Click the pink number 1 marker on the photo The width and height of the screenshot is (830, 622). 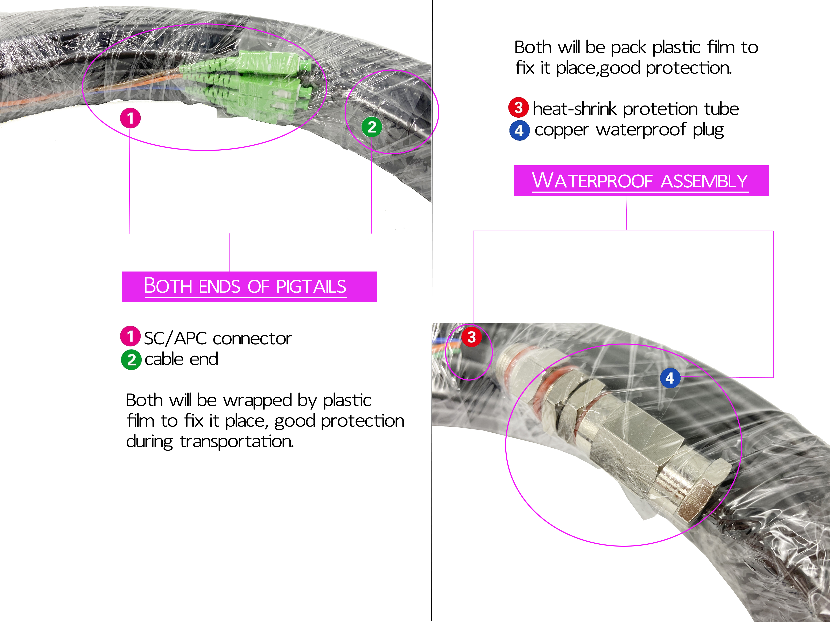(x=130, y=118)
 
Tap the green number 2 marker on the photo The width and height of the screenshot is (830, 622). (x=372, y=127)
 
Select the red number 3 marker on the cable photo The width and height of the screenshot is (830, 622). (x=472, y=337)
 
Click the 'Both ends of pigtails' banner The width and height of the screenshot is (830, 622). (x=249, y=287)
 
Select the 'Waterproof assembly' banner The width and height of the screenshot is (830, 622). (x=641, y=180)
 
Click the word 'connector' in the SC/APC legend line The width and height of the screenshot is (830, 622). (x=252, y=339)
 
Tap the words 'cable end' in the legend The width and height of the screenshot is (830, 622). (x=181, y=359)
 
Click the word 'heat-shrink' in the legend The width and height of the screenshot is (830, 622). (x=575, y=109)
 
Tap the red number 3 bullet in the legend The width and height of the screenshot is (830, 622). (x=519, y=108)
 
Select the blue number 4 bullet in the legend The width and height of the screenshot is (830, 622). (x=519, y=130)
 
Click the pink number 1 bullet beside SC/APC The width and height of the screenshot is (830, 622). (x=130, y=336)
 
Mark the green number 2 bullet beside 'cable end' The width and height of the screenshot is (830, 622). (x=131, y=360)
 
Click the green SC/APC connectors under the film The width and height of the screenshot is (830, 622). (x=248, y=84)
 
